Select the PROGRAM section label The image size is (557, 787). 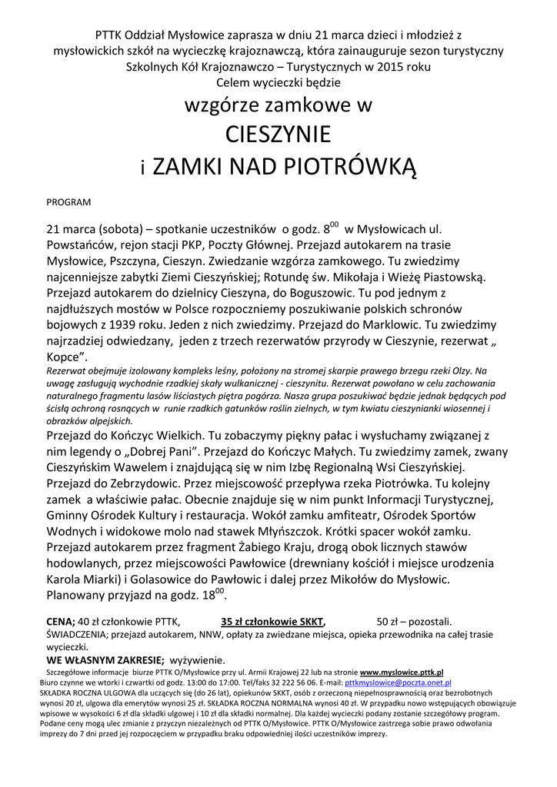tap(68, 202)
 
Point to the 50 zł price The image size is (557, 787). tap(389, 622)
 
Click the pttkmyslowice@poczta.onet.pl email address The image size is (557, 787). tap(398, 682)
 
